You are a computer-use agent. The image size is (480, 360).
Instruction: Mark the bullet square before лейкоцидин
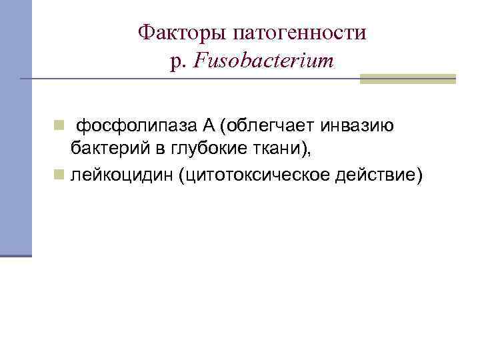59,174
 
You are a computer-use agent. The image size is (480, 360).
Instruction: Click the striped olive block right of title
407,79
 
